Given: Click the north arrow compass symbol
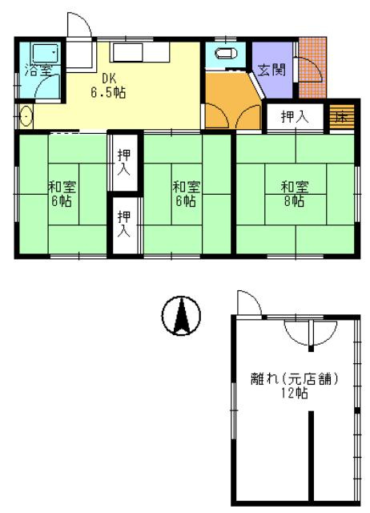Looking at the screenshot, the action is [181, 316].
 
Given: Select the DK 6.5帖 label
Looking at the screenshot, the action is [108, 86].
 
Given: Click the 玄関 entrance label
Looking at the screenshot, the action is [271, 70].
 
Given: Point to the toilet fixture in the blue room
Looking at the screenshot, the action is [227, 54].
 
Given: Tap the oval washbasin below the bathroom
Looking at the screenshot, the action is [26, 116].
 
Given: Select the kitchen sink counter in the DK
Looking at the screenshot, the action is [139, 52].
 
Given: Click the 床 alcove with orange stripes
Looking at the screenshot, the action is [341, 117].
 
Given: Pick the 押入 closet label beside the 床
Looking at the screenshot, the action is [295, 116].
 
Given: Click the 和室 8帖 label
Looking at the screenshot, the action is [295, 194].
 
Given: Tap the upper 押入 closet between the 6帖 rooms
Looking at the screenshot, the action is [124, 162].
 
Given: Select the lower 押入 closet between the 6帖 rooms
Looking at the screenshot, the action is [124, 225].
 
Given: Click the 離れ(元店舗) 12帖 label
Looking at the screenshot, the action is [294, 386].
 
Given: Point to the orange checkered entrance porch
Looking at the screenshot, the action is [312, 67].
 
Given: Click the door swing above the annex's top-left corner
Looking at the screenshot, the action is [249, 303].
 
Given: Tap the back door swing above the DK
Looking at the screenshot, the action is [79, 25].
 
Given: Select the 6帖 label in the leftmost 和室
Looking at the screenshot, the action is [62, 200].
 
